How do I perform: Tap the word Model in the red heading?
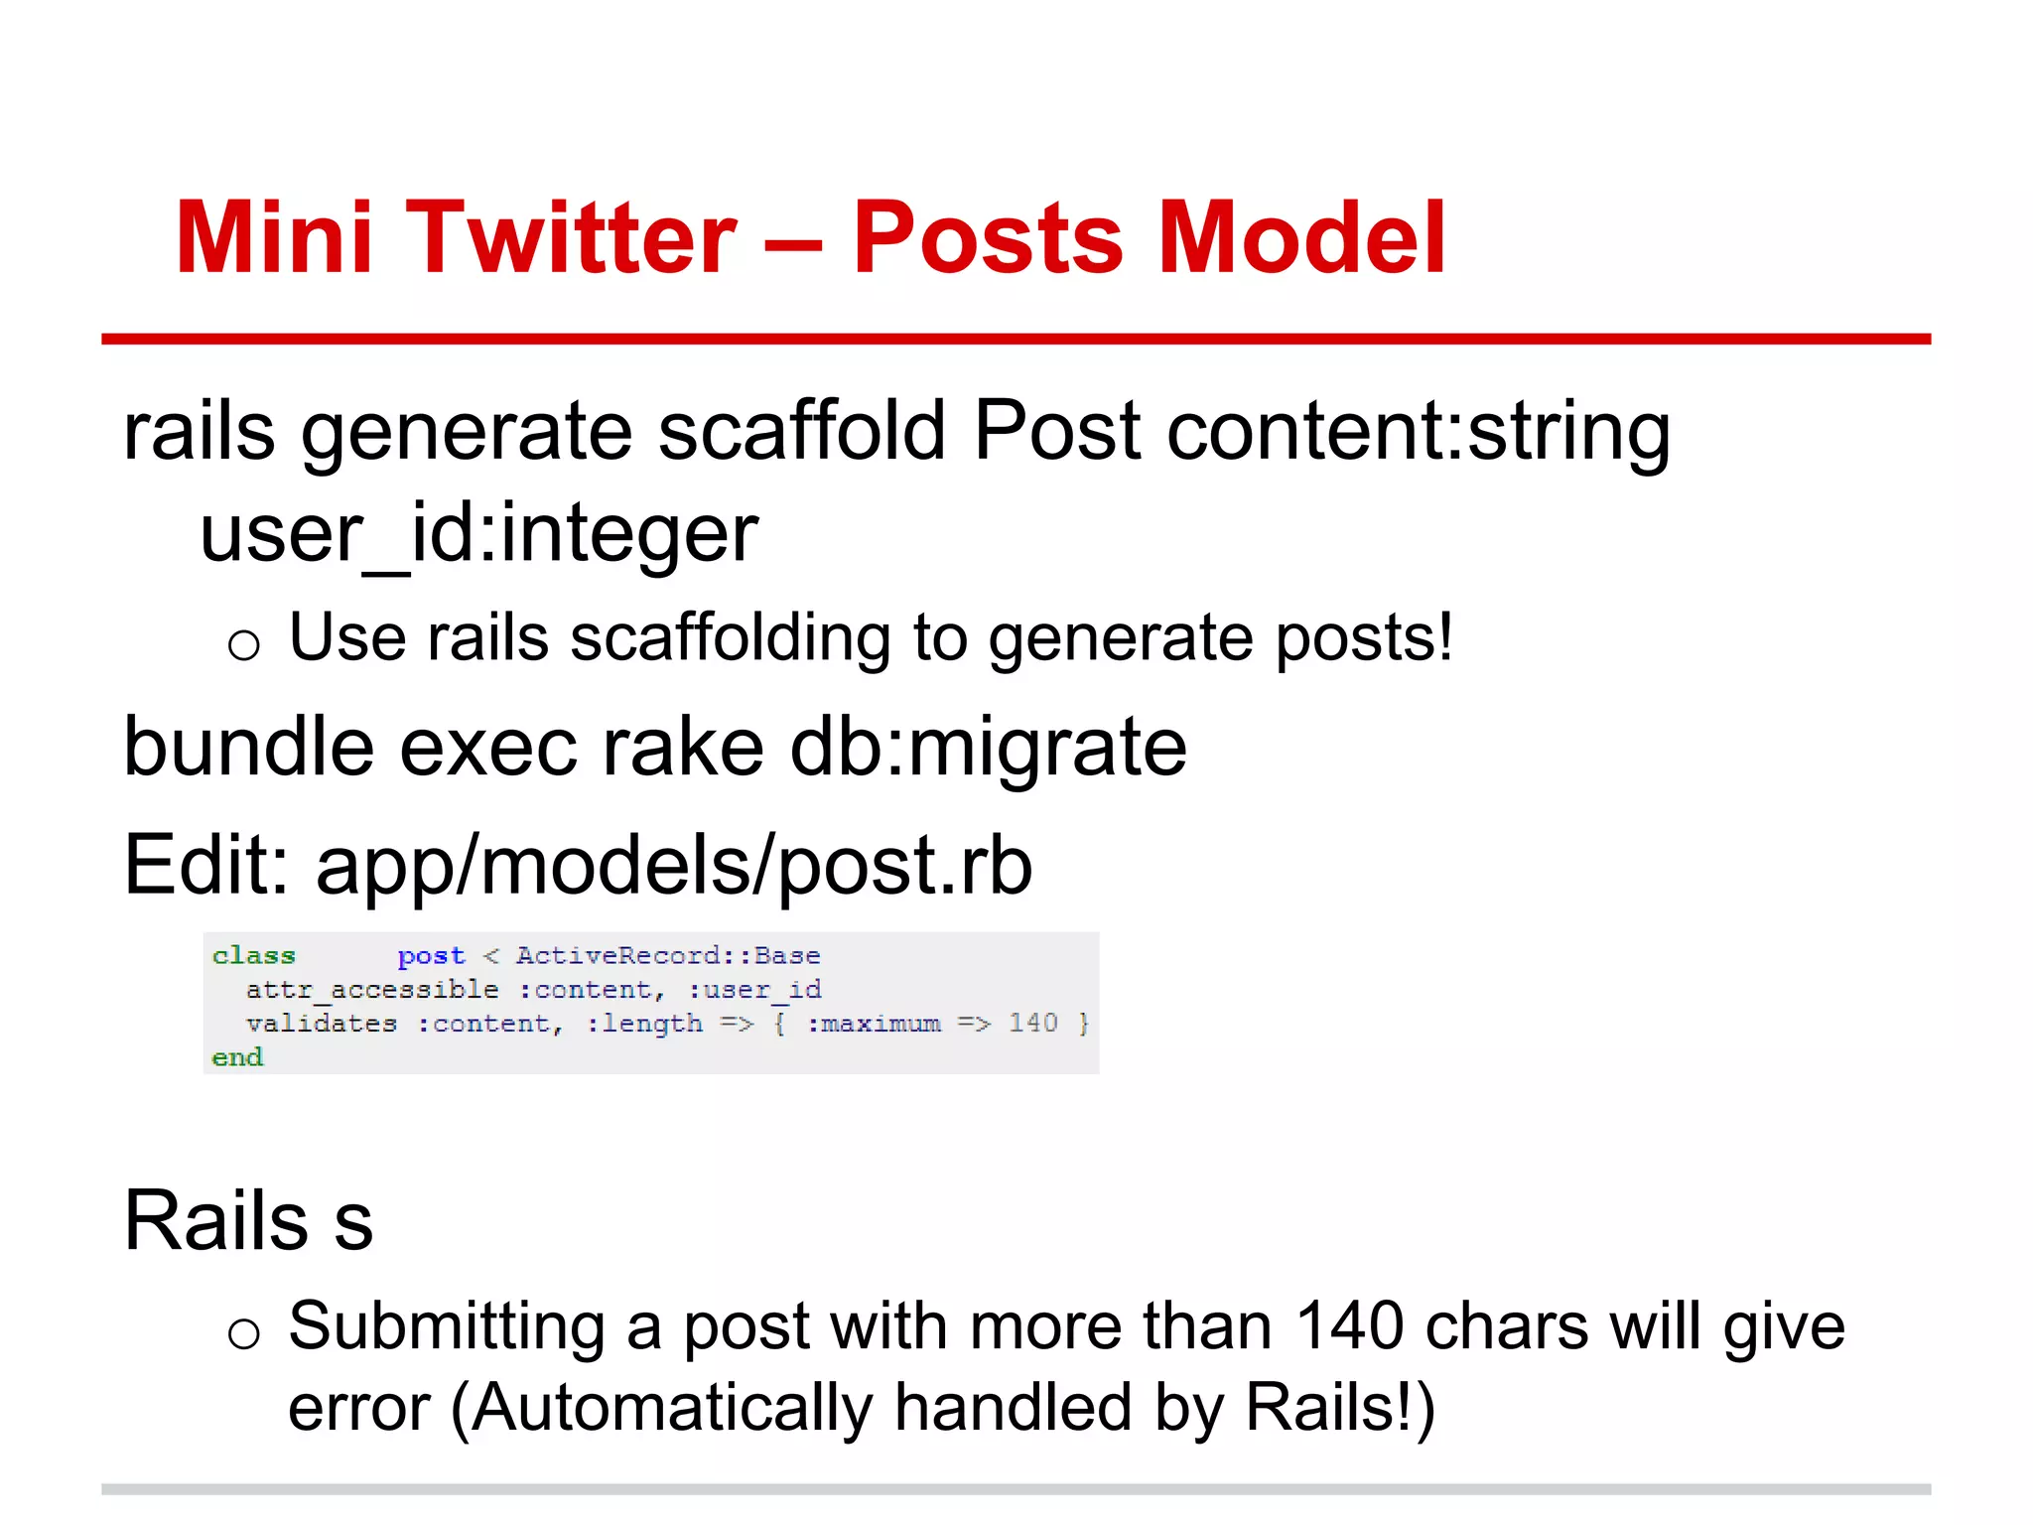click(1301, 238)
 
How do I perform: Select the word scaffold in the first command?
click(802, 432)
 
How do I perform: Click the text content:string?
click(1419, 432)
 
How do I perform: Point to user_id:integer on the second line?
click(479, 534)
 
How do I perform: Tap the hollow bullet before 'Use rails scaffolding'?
click(244, 646)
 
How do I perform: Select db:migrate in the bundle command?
click(988, 747)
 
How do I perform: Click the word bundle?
click(249, 747)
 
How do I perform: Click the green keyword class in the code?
click(254, 955)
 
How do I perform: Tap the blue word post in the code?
click(431, 956)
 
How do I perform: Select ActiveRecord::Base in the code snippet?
click(668, 955)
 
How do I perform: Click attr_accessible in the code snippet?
click(372, 990)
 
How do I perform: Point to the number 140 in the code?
click(1033, 1023)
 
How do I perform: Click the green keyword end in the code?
click(237, 1057)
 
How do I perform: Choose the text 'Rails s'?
click(248, 1220)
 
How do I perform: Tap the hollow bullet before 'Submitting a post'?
click(244, 1333)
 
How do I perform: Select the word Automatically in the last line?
click(672, 1408)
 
